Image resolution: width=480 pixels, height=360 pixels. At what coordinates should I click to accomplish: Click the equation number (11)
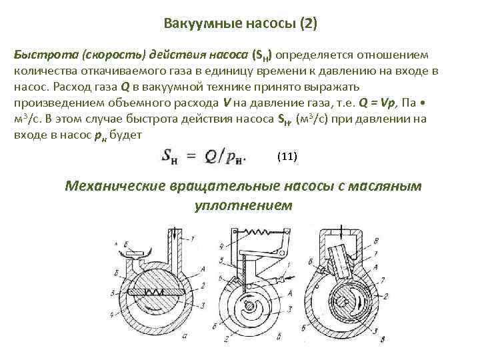286,157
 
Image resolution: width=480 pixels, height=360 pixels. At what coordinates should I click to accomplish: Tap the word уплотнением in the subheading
243,205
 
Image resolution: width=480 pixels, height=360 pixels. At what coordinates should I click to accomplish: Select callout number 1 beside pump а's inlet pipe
192,238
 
